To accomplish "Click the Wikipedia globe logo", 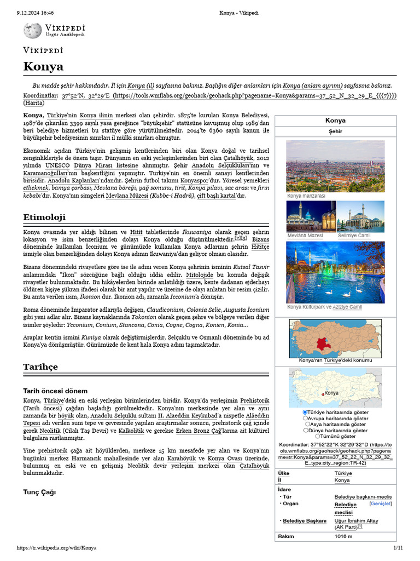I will click(x=32, y=30).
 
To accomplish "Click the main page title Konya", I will click(x=43, y=67).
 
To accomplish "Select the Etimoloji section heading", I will click(x=44, y=217).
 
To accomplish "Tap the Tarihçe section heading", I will click(x=40, y=367).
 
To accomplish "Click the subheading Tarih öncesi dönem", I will click(x=55, y=391).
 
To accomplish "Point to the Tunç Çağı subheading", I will click(x=39, y=492).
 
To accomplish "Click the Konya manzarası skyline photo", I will click(x=335, y=166).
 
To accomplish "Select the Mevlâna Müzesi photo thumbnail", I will click(x=311, y=216).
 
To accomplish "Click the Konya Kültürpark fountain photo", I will click(x=335, y=272).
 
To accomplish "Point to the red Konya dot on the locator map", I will click(x=323, y=393).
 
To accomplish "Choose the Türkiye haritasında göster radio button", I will click(x=305, y=412).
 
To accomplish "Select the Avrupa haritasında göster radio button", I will click(x=305, y=418).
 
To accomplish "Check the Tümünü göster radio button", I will click(x=318, y=436).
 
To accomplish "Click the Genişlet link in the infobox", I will click(x=380, y=503).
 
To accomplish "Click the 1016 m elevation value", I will click(x=343, y=536).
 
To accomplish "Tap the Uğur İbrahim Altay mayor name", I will click(x=356, y=520).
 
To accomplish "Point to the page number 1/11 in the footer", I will click(x=398, y=547).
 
